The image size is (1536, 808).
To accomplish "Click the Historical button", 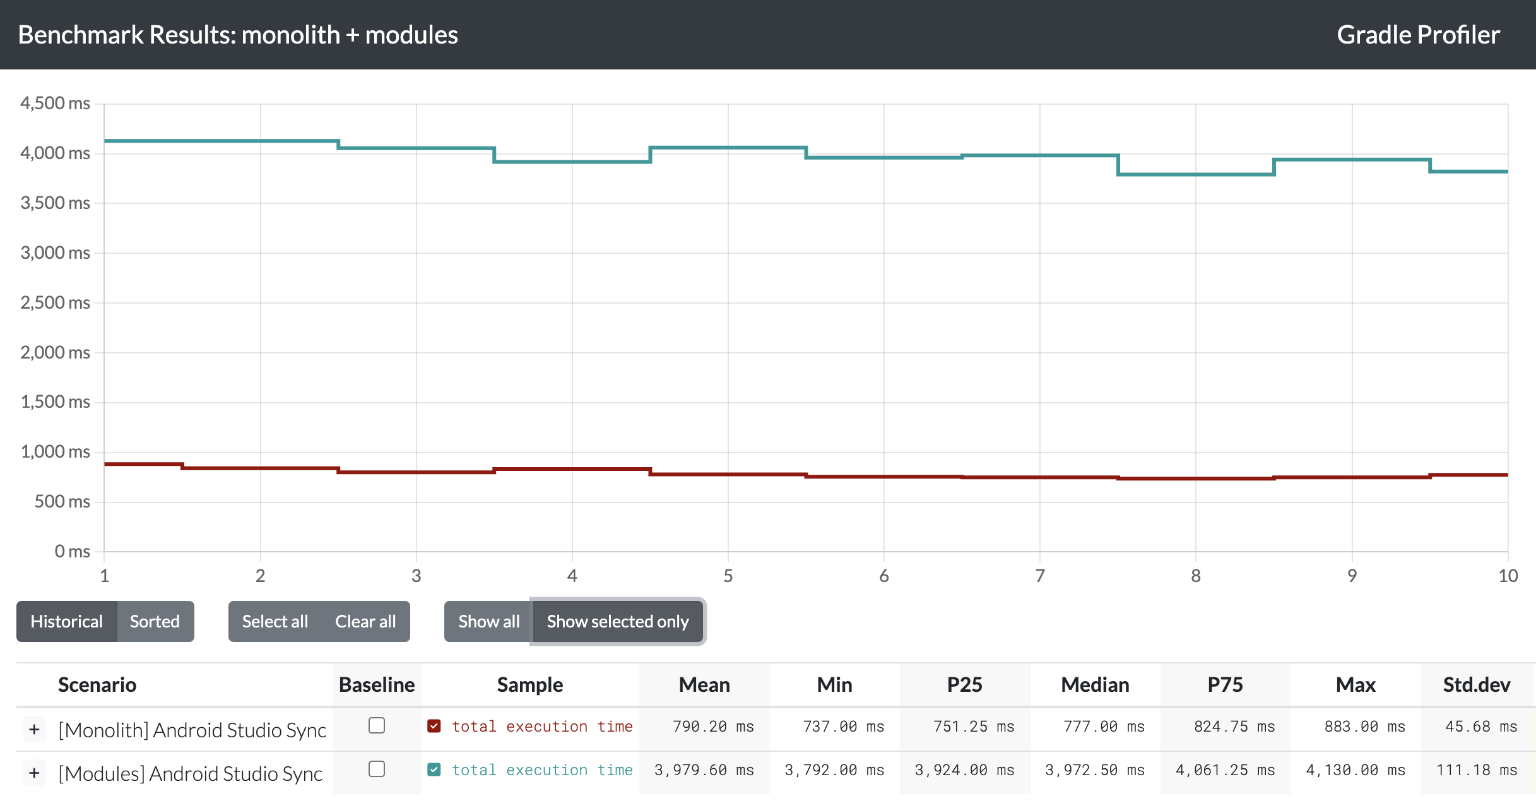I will click(67, 622).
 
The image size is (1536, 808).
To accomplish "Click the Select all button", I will click(275, 622).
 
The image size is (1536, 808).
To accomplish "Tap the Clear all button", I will click(365, 622).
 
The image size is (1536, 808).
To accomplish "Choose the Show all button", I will click(488, 622).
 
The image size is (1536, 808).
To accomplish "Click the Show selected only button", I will click(618, 622).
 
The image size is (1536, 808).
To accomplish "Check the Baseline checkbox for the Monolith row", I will click(377, 726).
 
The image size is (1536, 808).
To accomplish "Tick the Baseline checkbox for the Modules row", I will click(377, 769).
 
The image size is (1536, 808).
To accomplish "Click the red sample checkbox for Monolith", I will click(434, 726).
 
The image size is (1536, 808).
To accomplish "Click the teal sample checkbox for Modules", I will click(434, 769).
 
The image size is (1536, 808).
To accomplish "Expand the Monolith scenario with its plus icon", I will click(35, 730).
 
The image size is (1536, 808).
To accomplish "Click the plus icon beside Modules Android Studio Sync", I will click(35, 773).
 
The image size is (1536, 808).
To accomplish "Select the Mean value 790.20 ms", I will click(713, 727).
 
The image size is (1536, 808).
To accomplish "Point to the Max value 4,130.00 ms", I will click(1356, 770).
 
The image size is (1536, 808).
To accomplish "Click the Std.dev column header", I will click(1477, 685).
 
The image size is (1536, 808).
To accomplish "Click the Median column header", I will click(1095, 685).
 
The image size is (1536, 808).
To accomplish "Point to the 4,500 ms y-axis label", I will click(55, 103).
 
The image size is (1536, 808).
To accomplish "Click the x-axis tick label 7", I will click(1040, 576).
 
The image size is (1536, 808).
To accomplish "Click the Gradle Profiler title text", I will click(1418, 35).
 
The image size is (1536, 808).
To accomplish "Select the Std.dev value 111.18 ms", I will click(1477, 770).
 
